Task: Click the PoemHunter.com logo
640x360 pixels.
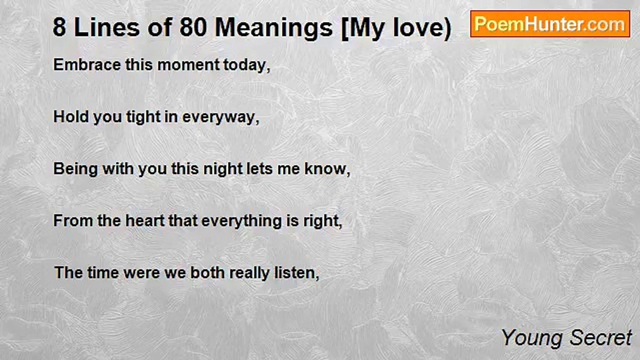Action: click(x=550, y=24)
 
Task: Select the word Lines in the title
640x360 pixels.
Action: click(x=107, y=27)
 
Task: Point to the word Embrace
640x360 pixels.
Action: click(x=87, y=64)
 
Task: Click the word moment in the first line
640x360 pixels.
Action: click(x=188, y=65)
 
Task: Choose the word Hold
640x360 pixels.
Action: click(x=71, y=117)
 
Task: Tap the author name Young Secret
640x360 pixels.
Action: click(x=566, y=338)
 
